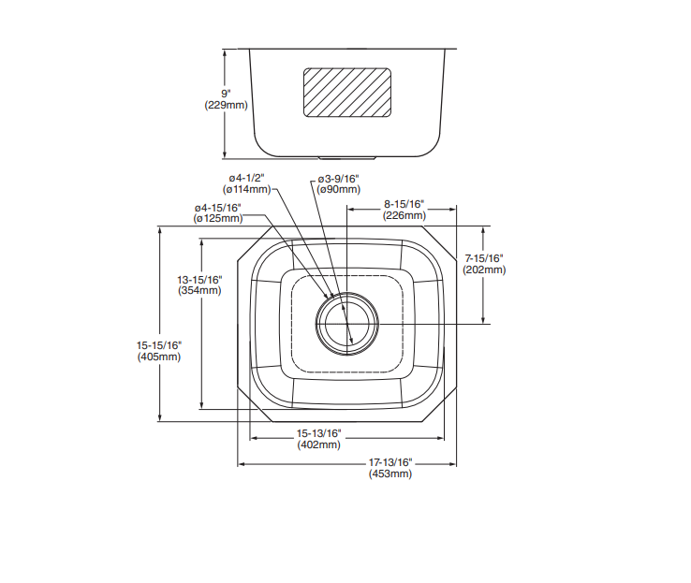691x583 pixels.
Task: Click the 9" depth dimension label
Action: pos(226,94)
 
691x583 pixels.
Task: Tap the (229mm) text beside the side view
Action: pos(226,105)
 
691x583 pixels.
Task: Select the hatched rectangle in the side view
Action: pos(347,93)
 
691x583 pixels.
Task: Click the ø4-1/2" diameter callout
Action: pos(246,179)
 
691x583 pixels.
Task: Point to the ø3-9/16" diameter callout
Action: pos(338,179)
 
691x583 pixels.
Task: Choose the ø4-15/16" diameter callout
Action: pos(218,208)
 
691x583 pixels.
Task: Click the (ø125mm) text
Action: pos(218,218)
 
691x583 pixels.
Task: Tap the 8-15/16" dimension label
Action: pos(404,204)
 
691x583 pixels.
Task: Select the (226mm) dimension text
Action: pos(404,215)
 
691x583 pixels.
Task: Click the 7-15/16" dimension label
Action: pos(484,258)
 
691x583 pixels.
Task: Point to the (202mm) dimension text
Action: pos(484,270)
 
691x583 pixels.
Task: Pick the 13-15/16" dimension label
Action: pos(199,280)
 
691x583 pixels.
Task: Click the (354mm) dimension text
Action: pos(199,291)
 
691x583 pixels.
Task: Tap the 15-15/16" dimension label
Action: pos(159,345)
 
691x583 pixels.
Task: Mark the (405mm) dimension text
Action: pos(159,357)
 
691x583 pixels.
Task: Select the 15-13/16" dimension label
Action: pos(318,433)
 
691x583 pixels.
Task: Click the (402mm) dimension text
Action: pos(319,445)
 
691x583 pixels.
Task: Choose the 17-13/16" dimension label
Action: pos(390,463)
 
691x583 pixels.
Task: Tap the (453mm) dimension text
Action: pos(390,474)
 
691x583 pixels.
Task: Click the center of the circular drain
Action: pos(347,324)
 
